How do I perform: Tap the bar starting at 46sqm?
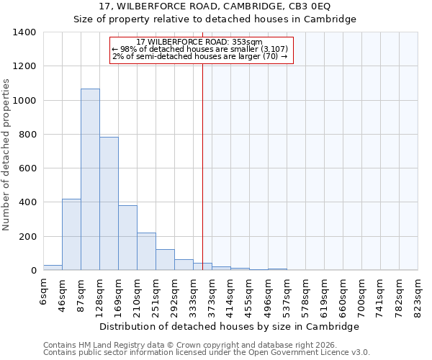coord(71,235)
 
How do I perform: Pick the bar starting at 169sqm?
coord(127,238)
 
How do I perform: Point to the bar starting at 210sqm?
coord(146,251)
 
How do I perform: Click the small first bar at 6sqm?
coord(53,267)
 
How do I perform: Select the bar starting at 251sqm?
coord(165,260)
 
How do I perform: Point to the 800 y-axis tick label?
coord(27,135)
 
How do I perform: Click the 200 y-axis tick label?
coord(27,237)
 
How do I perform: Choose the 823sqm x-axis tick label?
coord(418,293)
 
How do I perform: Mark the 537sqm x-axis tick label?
coord(287,293)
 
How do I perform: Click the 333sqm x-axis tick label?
coord(193,293)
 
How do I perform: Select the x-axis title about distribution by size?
coord(228,326)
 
